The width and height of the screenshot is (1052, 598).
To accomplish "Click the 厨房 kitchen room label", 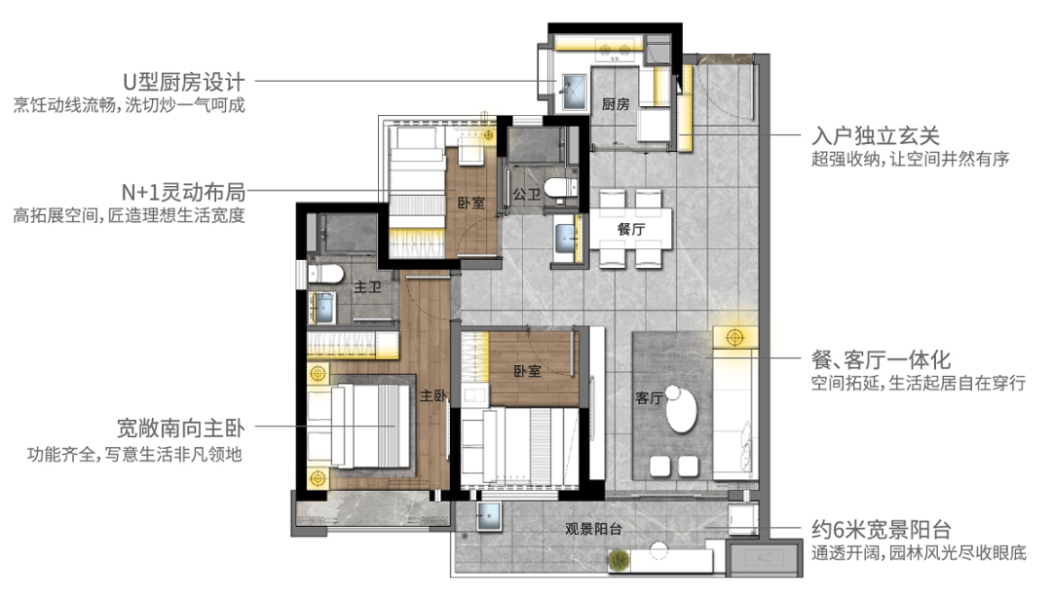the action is pyautogui.click(x=616, y=104).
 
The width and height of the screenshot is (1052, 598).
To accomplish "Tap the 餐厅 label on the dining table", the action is pyautogui.click(x=630, y=229).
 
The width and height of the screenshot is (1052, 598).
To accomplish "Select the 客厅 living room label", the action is pyautogui.click(x=649, y=398).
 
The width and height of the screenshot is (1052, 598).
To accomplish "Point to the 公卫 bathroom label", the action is pyautogui.click(x=527, y=195).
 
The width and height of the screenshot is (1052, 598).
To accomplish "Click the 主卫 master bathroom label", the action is pyautogui.click(x=367, y=287).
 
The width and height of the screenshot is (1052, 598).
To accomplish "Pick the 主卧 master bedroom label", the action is pyautogui.click(x=433, y=396).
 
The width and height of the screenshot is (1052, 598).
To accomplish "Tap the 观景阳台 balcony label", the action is pyautogui.click(x=593, y=529).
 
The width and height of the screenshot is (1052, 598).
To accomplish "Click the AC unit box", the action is pyautogui.click(x=764, y=558).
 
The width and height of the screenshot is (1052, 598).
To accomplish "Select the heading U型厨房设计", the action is pyautogui.click(x=184, y=83).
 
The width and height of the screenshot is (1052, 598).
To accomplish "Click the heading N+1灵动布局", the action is pyautogui.click(x=183, y=192).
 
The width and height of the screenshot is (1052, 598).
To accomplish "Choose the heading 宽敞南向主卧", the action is pyautogui.click(x=180, y=429).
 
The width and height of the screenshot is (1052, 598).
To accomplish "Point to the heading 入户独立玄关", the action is pyautogui.click(x=876, y=136).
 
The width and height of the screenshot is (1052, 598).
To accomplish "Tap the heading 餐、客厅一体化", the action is pyautogui.click(x=881, y=359).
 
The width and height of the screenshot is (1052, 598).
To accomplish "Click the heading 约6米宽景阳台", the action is pyautogui.click(x=882, y=530).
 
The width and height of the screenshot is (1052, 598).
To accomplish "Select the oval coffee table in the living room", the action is pyautogui.click(x=682, y=409).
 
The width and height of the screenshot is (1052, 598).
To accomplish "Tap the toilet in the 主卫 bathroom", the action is pyautogui.click(x=325, y=274).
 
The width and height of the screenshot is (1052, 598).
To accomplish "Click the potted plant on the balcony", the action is pyautogui.click(x=620, y=559).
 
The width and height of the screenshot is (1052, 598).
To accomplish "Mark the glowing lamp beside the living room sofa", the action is pyautogui.click(x=734, y=337).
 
